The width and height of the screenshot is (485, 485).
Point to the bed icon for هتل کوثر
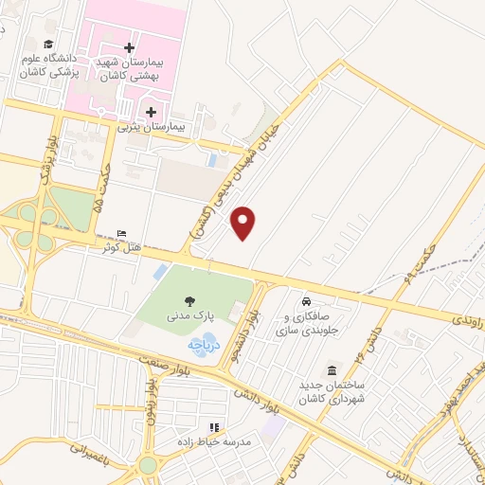(120, 234)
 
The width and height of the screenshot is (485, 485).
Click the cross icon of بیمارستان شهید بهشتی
(130, 47)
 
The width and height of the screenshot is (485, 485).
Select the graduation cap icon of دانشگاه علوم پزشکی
(48, 44)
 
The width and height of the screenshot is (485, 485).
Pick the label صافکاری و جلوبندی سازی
(306, 319)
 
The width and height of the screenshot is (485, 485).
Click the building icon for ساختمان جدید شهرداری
(332, 369)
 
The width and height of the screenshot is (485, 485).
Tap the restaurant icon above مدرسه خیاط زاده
(213, 427)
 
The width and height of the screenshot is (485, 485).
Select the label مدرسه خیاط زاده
(211, 441)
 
